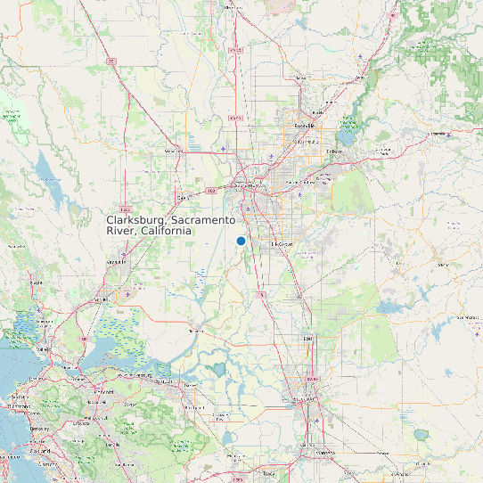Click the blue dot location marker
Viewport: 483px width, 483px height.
(x=241, y=241)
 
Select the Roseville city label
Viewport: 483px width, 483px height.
(x=305, y=126)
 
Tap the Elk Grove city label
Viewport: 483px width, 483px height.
(x=282, y=243)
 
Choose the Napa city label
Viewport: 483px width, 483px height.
(x=36, y=282)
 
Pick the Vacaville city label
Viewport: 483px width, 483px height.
(x=114, y=262)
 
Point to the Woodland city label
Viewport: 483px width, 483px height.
(x=174, y=151)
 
